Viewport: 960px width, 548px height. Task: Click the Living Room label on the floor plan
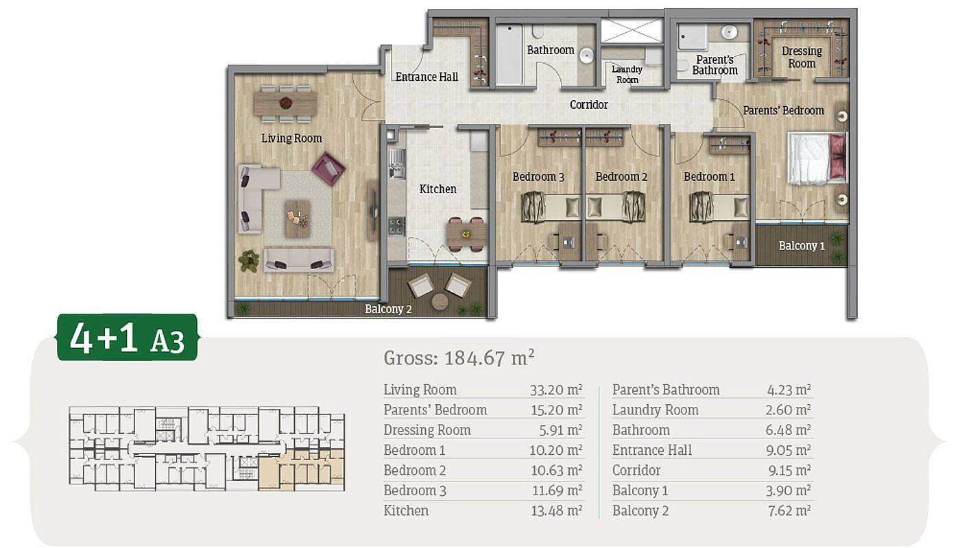point(291,138)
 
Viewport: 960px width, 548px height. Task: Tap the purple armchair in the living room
point(328,169)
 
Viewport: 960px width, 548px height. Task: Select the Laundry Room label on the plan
point(627,74)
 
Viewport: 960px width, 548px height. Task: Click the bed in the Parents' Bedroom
point(817,158)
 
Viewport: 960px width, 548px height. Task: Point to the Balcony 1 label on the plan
point(802,246)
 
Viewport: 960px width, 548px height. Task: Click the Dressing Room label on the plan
point(802,57)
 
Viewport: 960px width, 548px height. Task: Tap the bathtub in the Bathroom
point(509,54)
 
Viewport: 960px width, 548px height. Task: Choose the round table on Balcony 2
point(440,301)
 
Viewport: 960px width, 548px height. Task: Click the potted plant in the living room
point(249,260)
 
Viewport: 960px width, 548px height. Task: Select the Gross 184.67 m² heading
point(459,358)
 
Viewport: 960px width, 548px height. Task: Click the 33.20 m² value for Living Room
point(556,390)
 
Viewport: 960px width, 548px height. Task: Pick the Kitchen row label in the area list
point(406,510)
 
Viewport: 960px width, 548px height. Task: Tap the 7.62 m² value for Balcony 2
point(789,510)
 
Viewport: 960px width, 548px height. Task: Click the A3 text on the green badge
point(167,341)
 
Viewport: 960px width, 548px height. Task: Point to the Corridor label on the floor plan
point(589,104)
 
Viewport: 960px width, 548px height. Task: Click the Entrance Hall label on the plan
point(427,77)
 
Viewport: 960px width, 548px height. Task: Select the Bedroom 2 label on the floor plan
point(621,177)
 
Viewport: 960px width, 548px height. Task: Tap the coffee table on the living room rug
point(298,219)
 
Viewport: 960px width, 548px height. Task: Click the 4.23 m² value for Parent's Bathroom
point(789,390)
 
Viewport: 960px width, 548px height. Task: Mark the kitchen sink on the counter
point(397,164)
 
